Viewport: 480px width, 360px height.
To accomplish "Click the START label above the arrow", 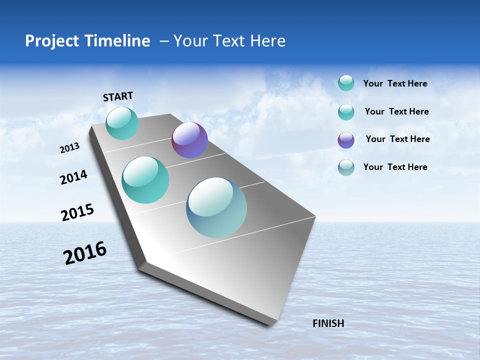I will [118, 96].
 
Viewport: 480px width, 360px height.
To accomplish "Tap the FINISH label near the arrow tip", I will [328, 323].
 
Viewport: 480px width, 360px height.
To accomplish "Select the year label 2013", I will [70, 148].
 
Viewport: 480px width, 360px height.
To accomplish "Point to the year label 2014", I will [73, 177].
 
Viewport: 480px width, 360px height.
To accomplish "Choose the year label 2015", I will [77, 212].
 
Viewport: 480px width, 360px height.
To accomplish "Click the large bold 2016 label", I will [85, 253].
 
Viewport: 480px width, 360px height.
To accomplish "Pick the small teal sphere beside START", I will [122, 123].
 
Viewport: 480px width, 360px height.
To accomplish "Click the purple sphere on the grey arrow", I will [189, 140].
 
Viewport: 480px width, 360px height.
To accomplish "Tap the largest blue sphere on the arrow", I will [216, 207].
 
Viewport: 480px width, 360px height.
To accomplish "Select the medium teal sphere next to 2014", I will [145, 180].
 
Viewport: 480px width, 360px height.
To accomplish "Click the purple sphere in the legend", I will [346, 140].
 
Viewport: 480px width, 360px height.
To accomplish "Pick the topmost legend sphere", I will [346, 83].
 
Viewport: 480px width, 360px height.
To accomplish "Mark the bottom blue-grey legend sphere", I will [346, 167].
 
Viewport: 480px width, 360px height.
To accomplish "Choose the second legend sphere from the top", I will [346, 112].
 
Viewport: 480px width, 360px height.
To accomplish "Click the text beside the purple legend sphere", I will [397, 139].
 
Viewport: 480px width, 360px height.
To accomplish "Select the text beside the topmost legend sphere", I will [395, 83].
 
